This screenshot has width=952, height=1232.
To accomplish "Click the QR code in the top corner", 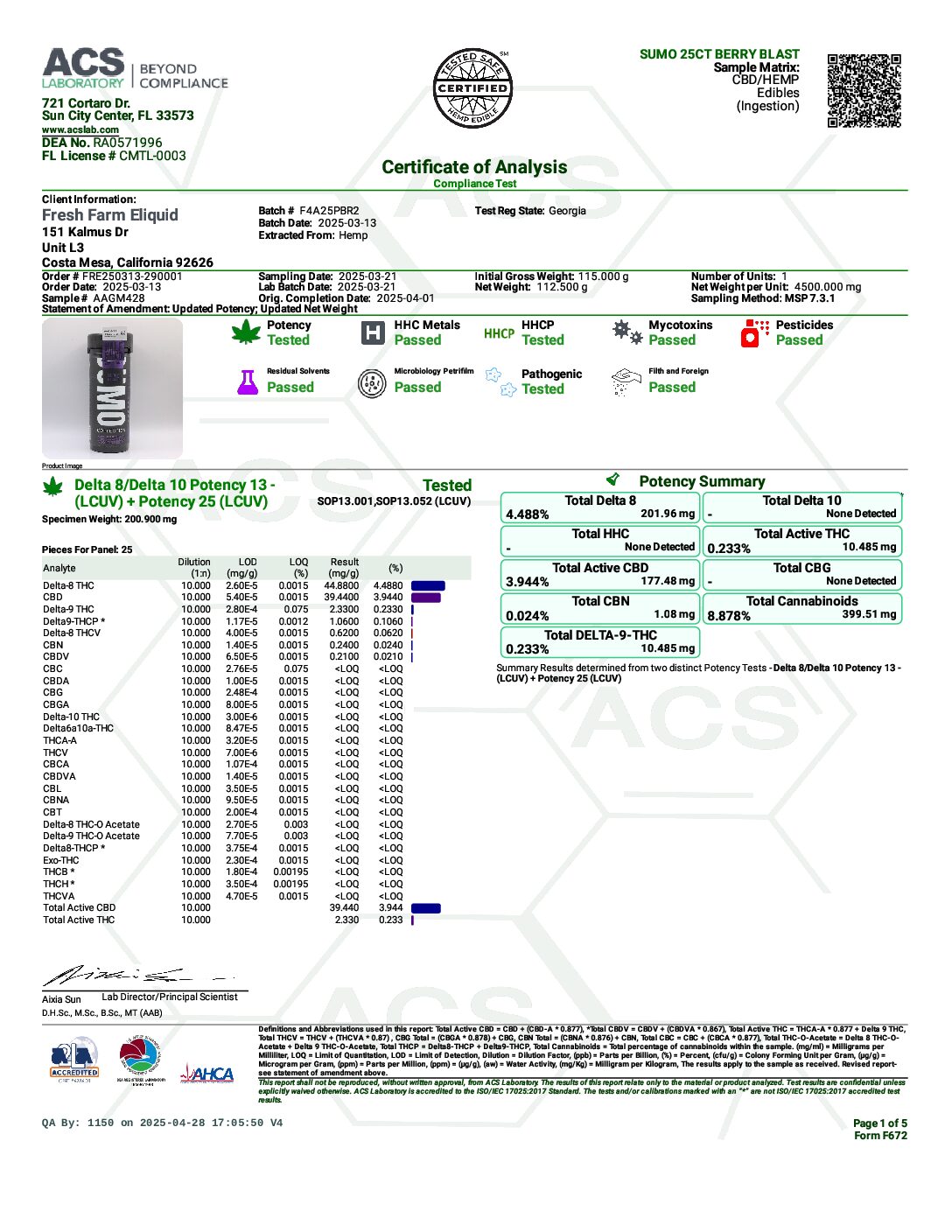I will coord(864,90).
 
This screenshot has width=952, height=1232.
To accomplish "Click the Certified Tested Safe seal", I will coord(472,88).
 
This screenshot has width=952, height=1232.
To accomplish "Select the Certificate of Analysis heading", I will coord(474,167).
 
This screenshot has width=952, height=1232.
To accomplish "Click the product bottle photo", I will coord(112,388).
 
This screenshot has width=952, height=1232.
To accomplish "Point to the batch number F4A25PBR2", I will coord(329,211).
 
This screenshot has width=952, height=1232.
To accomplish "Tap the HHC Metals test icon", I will coord(374,332).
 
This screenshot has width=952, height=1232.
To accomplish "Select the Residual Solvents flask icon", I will coord(248,381).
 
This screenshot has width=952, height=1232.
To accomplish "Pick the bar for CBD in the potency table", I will coord(426,598).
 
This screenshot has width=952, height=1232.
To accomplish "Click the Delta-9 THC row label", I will coord(68,610).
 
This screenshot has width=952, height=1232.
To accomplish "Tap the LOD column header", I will coord(248,563).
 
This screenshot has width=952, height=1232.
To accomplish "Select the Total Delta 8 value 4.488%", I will coord(528,514).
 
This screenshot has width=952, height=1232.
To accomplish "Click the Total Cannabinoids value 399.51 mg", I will coord(869,614).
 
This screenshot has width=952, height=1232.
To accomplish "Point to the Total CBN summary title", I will coord(600,601).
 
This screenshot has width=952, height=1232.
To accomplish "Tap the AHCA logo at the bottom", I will coord(207,1074).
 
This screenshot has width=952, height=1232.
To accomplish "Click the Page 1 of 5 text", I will coord(879,1123).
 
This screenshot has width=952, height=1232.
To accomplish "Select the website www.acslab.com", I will coord(80,129).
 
